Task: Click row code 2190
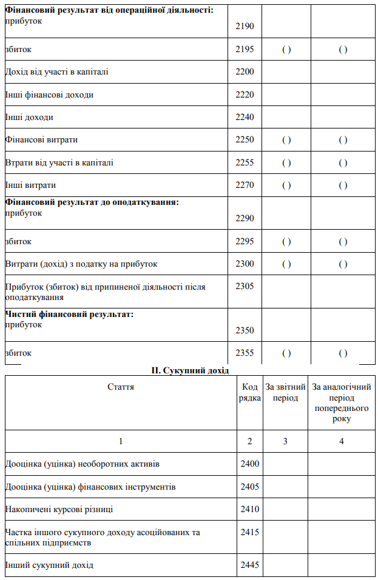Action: (x=245, y=27)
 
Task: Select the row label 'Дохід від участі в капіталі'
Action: (x=56, y=72)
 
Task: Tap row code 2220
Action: (x=245, y=95)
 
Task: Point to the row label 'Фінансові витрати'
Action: (x=41, y=140)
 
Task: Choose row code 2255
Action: (x=245, y=162)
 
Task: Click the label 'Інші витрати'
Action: (x=30, y=185)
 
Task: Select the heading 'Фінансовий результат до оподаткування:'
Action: (x=92, y=202)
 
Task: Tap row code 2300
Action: (x=245, y=264)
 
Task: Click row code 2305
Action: (x=245, y=287)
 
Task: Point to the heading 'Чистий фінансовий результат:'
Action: (x=69, y=314)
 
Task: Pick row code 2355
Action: (x=245, y=353)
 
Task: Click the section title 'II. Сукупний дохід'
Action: (x=189, y=370)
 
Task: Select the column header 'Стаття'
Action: (x=121, y=387)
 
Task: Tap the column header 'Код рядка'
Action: (x=250, y=392)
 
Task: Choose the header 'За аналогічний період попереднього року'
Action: (x=342, y=402)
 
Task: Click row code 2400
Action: (x=249, y=464)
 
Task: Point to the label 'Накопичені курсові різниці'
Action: (x=59, y=509)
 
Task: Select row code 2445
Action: (x=249, y=565)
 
